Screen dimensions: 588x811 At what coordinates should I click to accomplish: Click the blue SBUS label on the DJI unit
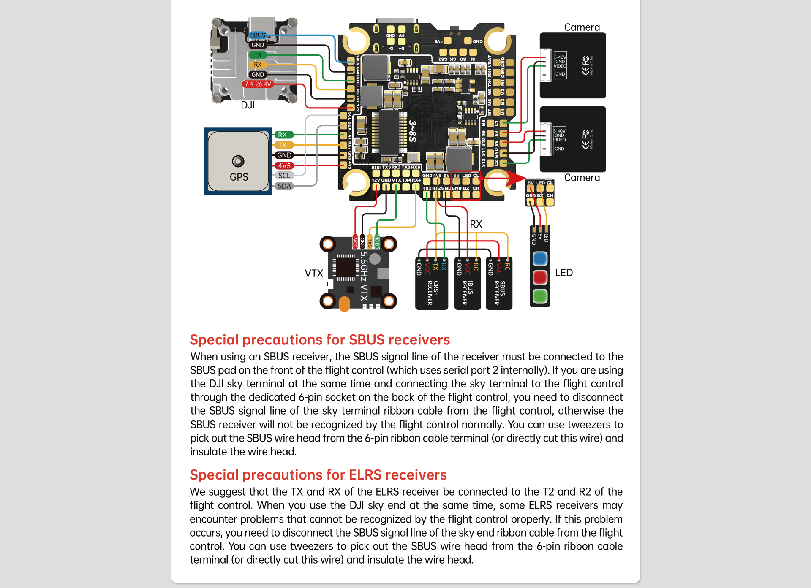[258, 35]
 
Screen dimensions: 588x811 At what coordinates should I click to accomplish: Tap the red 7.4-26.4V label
[258, 84]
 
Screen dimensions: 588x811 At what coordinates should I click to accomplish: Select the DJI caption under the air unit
[248, 106]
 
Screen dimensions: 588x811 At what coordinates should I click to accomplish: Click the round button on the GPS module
[238, 161]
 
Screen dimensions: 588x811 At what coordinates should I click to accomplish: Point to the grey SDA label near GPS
[284, 186]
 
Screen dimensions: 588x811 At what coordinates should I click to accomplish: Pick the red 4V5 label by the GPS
[284, 166]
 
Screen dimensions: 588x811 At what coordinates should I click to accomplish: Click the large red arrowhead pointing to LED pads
[515, 178]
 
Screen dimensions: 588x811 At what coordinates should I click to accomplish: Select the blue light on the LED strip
[540, 258]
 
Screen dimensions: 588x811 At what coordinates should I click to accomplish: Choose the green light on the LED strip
[540, 296]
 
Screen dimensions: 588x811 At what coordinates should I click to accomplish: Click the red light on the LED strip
[540, 277]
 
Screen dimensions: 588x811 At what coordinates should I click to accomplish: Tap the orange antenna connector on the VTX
[344, 304]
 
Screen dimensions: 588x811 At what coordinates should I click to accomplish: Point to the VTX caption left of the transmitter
[314, 274]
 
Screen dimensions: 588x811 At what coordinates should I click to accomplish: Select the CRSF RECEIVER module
[432, 284]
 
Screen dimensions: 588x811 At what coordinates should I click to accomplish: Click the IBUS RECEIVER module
[468, 284]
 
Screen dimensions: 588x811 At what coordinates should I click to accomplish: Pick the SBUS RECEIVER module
[499, 284]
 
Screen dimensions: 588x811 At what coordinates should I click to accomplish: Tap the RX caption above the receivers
[476, 224]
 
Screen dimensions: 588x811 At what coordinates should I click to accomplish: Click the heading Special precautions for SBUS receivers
[320, 340]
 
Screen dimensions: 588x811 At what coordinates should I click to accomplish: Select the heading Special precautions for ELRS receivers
[318, 475]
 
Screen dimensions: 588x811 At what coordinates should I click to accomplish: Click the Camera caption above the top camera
[582, 27]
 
